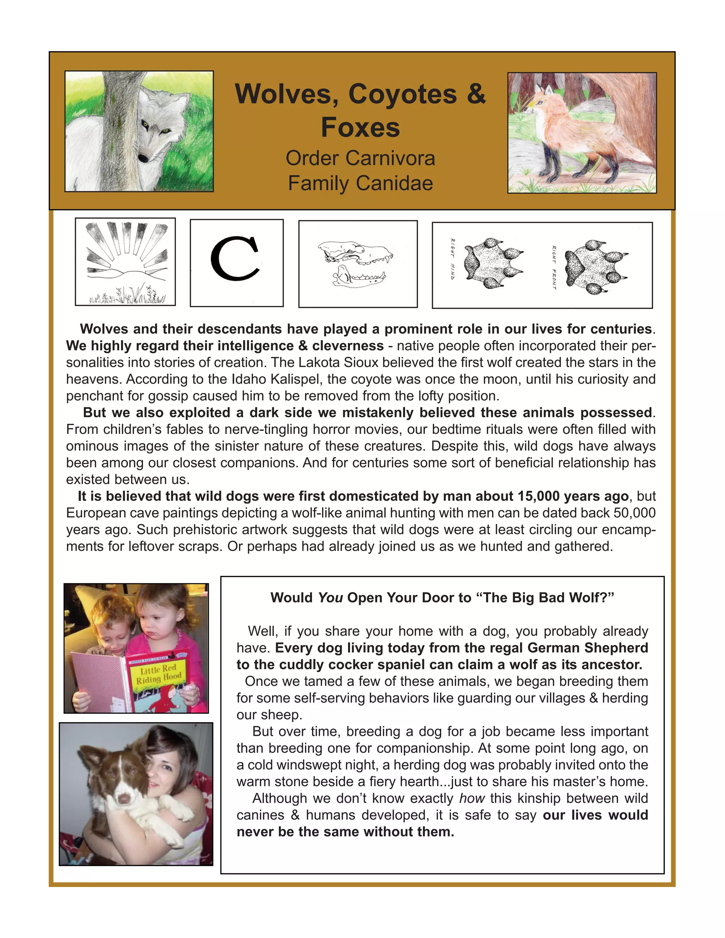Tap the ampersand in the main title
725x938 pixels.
click(x=475, y=94)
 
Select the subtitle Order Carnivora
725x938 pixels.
click(x=360, y=159)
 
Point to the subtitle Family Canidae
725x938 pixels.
click(x=360, y=183)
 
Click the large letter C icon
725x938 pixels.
click(x=236, y=258)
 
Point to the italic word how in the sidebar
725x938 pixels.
click(x=472, y=799)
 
